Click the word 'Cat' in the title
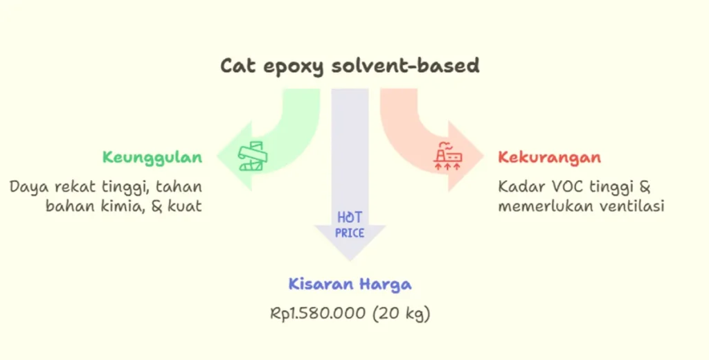click(x=238, y=66)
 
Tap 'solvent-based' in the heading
click(x=406, y=66)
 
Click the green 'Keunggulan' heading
click(x=152, y=158)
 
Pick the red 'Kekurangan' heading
click(x=549, y=157)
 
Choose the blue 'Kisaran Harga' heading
click(x=350, y=285)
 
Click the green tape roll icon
click(x=253, y=156)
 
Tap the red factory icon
click(x=448, y=156)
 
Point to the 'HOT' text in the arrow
click(x=350, y=218)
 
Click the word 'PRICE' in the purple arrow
click(x=350, y=233)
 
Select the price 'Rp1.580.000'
click(x=317, y=313)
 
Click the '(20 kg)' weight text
click(x=401, y=314)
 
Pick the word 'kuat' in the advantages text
click(x=185, y=206)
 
